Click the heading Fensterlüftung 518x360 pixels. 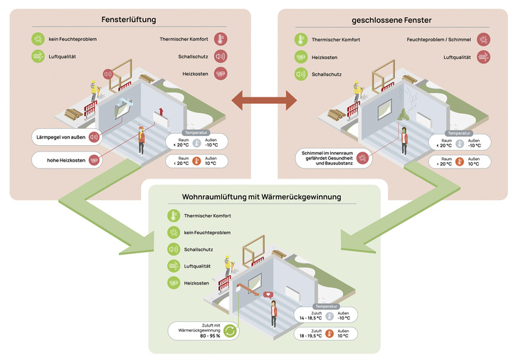click(x=129, y=20)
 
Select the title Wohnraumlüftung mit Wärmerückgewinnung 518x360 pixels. click(x=262, y=196)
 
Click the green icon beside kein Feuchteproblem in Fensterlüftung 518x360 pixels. click(x=38, y=38)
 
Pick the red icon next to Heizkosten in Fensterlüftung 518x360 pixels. click(x=221, y=73)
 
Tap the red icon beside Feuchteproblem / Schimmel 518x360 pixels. click(x=482, y=38)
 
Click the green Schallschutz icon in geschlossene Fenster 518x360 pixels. click(x=302, y=73)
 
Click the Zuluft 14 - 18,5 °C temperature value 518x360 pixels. click(x=310, y=316)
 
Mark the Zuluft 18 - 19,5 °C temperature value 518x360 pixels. click(x=310, y=335)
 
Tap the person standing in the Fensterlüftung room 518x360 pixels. click(x=141, y=139)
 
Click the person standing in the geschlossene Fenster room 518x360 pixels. click(x=405, y=140)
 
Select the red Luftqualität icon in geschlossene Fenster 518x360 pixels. click(x=482, y=55)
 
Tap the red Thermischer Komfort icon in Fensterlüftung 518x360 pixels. click(x=221, y=38)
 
